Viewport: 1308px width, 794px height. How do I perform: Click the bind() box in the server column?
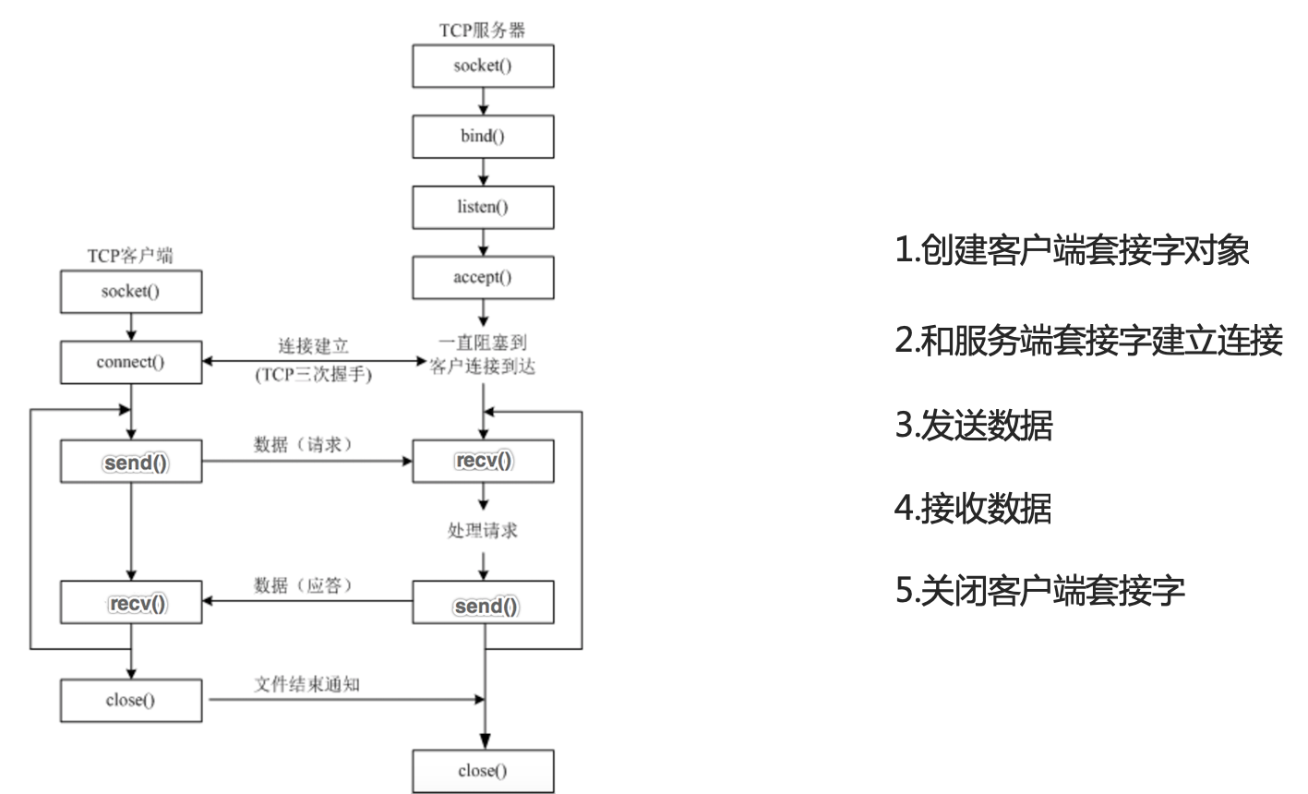click(x=483, y=137)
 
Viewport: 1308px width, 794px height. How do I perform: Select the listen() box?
click(x=483, y=207)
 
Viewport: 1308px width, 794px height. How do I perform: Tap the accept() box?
click(x=483, y=277)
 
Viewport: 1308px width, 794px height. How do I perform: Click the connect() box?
click(x=130, y=362)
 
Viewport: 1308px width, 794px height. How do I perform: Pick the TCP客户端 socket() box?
click(x=130, y=292)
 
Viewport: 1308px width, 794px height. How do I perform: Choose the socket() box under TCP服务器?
click(x=483, y=66)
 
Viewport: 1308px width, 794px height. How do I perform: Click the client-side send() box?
click(x=130, y=462)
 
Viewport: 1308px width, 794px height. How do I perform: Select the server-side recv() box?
click(x=483, y=462)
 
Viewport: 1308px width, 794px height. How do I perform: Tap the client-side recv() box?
click(x=130, y=604)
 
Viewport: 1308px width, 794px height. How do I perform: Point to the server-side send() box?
click(x=483, y=604)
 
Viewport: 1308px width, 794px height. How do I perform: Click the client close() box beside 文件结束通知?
click(x=130, y=700)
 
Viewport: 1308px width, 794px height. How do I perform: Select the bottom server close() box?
click(x=483, y=771)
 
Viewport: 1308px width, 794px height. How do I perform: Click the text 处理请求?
click(x=483, y=532)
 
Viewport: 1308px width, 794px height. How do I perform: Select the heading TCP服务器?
click(x=482, y=30)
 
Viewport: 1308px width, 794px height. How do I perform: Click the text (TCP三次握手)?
click(x=314, y=374)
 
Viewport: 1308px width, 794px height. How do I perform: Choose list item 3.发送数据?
click(x=973, y=427)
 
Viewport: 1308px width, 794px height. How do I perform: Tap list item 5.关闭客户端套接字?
click(x=1039, y=589)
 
